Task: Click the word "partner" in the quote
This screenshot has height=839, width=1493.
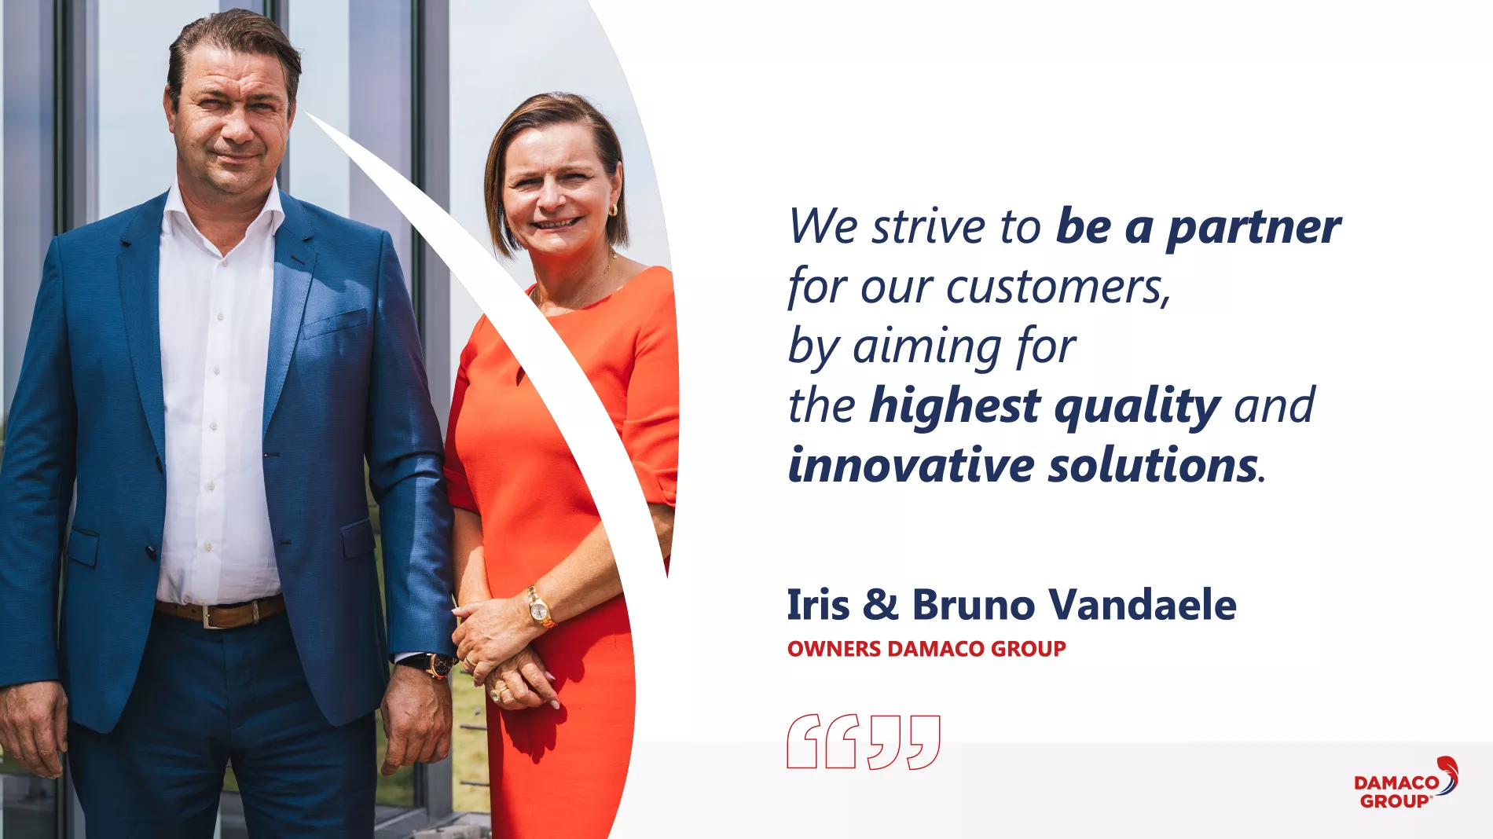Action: pos(1253,229)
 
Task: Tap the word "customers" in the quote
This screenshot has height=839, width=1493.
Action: pos(1055,287)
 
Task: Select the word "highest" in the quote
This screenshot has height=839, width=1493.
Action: pos(955,406)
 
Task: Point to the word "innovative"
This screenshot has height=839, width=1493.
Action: pos(911,465)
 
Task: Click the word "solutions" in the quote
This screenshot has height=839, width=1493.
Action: pos(1153,465)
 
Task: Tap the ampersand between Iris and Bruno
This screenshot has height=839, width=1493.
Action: pos(880,605)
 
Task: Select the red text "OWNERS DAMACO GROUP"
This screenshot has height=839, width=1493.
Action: pos(926,649)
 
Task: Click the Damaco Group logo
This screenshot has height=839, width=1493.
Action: pos(1406,783)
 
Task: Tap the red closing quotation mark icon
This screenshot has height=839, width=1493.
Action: pos(904,742)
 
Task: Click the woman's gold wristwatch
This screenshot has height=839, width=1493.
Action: pos(539,607)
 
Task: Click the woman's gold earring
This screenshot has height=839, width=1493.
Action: pos(614,211)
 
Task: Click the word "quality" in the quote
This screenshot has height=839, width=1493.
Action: pos(1137,406)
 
